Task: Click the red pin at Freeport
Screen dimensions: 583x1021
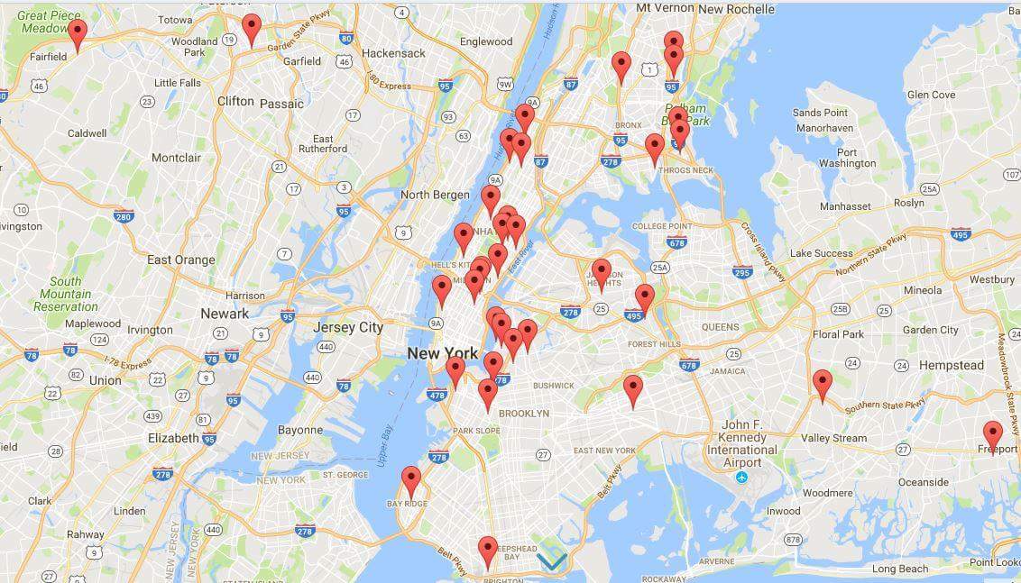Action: pos(992,436)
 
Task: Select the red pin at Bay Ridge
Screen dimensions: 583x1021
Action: pos(411,481)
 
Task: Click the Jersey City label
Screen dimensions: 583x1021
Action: pos(347,327)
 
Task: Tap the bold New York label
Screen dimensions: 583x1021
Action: pos(442,353)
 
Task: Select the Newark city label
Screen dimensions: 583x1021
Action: pos(225,314)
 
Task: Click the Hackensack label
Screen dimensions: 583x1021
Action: pos(393,53)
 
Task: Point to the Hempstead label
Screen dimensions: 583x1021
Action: pos(952,365)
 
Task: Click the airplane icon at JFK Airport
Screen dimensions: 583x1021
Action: pos(741,477)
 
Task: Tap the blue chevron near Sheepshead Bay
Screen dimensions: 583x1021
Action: pos(552,561)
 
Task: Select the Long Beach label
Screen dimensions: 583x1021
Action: pos(899,569)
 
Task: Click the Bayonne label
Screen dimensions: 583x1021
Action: pos(300,430)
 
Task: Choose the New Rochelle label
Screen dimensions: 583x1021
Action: pos(736,9)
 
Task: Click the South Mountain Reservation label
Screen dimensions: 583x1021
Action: pos(66,294)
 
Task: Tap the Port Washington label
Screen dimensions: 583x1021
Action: pos(847,158)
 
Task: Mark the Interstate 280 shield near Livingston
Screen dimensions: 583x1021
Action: pos(124,215)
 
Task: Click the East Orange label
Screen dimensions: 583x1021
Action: pos(181,260)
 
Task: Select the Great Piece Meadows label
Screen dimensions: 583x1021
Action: pos(50,22)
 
